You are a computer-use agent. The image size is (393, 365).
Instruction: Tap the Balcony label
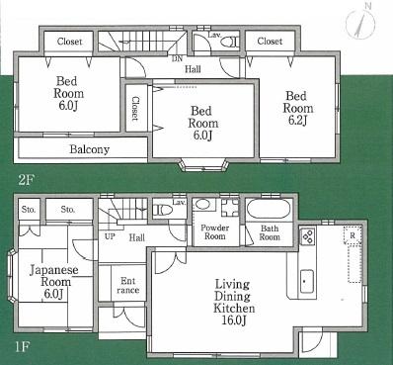89,149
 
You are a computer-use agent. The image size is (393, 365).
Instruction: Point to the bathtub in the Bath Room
267,211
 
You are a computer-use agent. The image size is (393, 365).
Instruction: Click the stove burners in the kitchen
306,237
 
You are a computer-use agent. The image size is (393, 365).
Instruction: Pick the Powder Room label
215,233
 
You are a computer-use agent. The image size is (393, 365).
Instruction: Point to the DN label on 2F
176,58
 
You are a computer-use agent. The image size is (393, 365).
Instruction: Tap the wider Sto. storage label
67,210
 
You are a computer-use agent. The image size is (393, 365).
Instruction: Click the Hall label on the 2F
193,69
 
